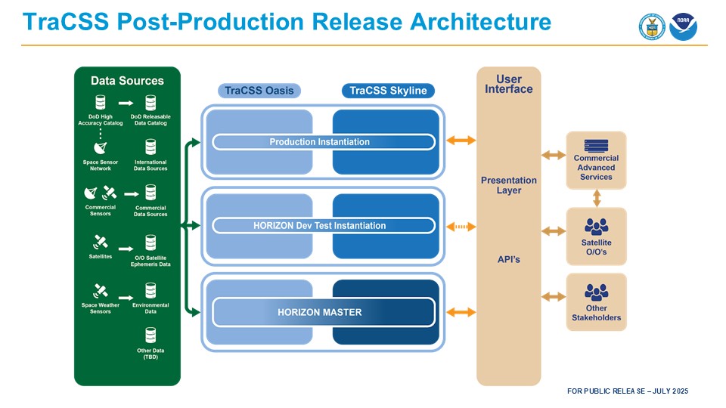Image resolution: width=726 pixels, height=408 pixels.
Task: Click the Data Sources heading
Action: [x=127, y=80]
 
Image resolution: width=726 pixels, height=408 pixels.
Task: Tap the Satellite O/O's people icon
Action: [x=596, y=225]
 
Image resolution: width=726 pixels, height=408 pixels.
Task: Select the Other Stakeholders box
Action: [x=596, y=302]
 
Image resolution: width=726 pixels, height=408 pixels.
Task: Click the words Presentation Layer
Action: [x=508, y=185]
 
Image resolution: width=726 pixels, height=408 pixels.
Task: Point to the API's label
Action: [x=508, y=259]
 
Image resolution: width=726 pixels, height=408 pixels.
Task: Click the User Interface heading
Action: [x=508, y=84]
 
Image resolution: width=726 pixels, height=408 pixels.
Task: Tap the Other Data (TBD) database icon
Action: [x=150, y=335]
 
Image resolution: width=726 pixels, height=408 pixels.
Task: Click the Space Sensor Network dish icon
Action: [x=100, y=147]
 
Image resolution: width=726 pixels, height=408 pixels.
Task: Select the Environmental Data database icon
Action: [x=150, y=290]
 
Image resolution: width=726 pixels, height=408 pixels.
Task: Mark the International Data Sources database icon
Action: [x=150, y=147]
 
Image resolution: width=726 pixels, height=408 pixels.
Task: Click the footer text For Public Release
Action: [x=628, y=391]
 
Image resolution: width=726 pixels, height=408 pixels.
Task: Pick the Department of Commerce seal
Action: [x=651, y=26]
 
